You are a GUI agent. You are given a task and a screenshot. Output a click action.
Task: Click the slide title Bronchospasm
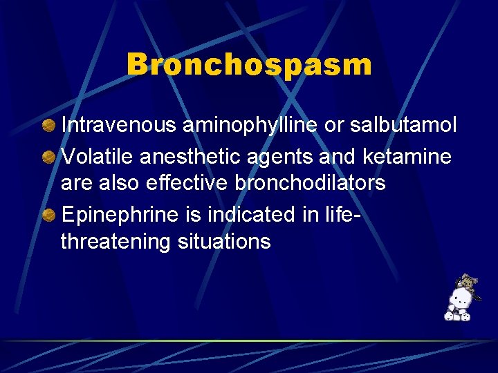coord(249,64)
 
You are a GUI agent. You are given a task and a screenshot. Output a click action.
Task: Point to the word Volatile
coord(98,157)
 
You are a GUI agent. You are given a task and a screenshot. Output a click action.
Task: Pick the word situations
coord(223,242)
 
